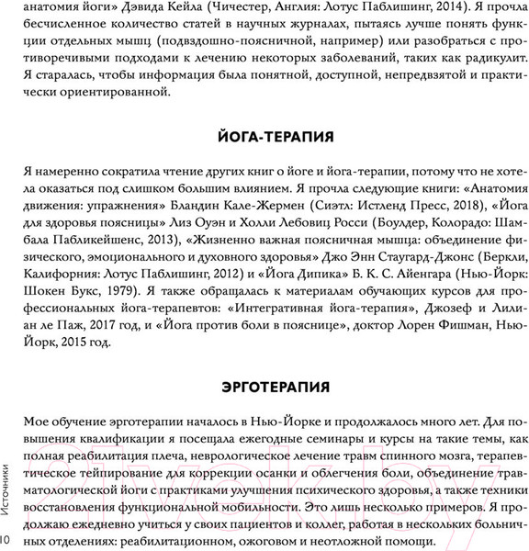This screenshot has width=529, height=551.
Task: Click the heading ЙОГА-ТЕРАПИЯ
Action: click(264, 138)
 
